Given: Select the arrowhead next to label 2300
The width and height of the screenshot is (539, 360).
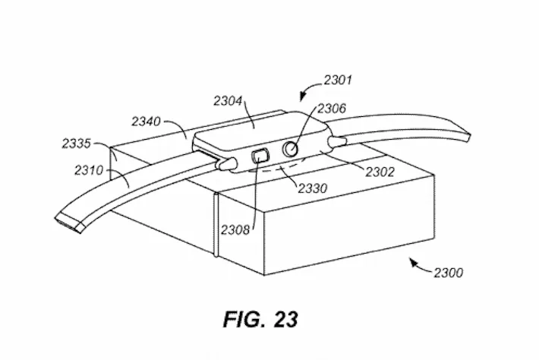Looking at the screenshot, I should point(413,262).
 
